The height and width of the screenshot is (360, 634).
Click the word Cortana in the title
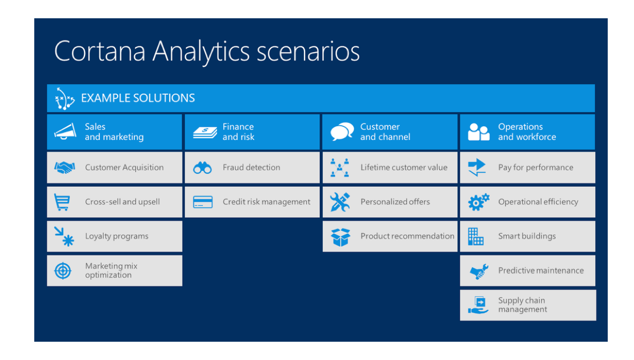(x=99, y=51)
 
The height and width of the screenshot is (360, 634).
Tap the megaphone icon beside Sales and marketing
(x=65, y=131)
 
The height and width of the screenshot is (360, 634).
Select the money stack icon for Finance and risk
(x=204, y=132)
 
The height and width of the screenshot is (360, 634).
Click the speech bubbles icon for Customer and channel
(x=342, y=132)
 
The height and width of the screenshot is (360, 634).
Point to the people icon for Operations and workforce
(x=479, y=132)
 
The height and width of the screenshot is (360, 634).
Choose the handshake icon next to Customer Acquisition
(x=65, y=167)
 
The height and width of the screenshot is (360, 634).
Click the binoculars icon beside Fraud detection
(x=202, y=168)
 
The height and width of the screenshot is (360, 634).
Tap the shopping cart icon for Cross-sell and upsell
(x=62, y=202)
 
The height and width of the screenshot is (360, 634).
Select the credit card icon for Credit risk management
(x=203, y=202)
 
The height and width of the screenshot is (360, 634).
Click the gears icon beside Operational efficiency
(x=479, y=202)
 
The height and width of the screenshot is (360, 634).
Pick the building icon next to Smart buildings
(x=475, y=237)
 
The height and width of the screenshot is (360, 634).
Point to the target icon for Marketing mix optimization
(x=63, y=271)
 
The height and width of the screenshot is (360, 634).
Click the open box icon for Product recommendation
(x=340, y=237)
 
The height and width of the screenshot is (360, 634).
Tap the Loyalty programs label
(x=117, y=237)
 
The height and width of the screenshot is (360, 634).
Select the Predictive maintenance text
(x=541, y=271)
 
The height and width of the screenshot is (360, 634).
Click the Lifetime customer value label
(x=404, y=167)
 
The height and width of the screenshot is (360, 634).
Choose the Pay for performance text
(x=536, y=167)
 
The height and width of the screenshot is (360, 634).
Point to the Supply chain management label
(x=523, y=305)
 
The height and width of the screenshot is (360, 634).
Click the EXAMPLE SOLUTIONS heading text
(x=138, y=98)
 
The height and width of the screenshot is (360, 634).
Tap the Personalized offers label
(x=395, y=202)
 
